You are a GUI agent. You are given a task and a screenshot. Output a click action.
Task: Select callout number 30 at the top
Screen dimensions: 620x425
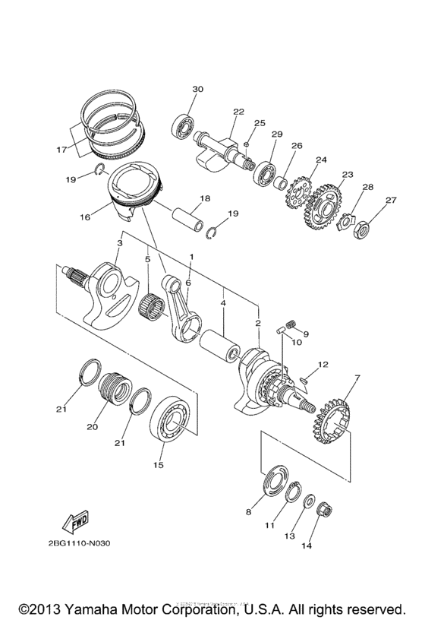click(197, 90)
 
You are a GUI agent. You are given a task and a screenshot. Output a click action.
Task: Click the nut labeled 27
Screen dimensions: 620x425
click(361, 226)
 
